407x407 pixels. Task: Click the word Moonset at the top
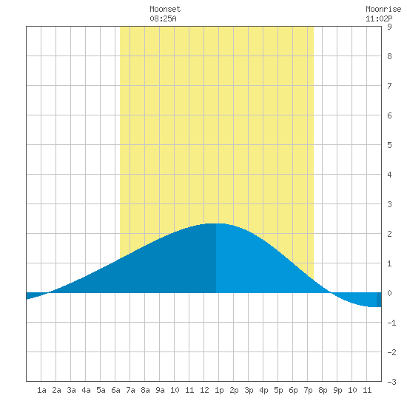click(x=165, y=9)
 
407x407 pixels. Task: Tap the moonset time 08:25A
click(x=163, y=18)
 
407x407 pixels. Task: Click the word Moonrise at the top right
click(x=383, y=9)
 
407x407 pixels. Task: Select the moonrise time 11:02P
click(x=379, y=18)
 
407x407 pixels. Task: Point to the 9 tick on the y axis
click(x=389, y=27)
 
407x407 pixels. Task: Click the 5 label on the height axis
click(x=389, y=145)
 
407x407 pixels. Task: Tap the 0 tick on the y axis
click(x=389, y=293)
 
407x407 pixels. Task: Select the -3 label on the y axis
click(x=391, y=382)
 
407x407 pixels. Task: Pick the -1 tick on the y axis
click(x=391, y=323)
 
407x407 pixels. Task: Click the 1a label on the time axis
click(x=41, y=390)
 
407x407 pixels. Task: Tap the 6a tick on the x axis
click(x=115, y=390)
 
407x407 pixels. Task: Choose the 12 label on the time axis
click(x=204, y=390)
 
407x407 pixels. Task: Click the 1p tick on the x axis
click(x=219, y=390)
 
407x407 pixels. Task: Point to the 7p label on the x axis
click(x=308, y=390)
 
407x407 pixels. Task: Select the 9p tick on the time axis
click(x=337, y=390)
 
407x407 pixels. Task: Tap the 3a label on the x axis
click(x=71, y=390)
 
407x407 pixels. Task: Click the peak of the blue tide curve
click(x=216, y=223)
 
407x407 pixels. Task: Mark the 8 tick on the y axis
click(x=389, y=56)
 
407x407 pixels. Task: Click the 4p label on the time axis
click(x=263, y=390)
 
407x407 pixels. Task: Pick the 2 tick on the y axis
click(x=389, y=234)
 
